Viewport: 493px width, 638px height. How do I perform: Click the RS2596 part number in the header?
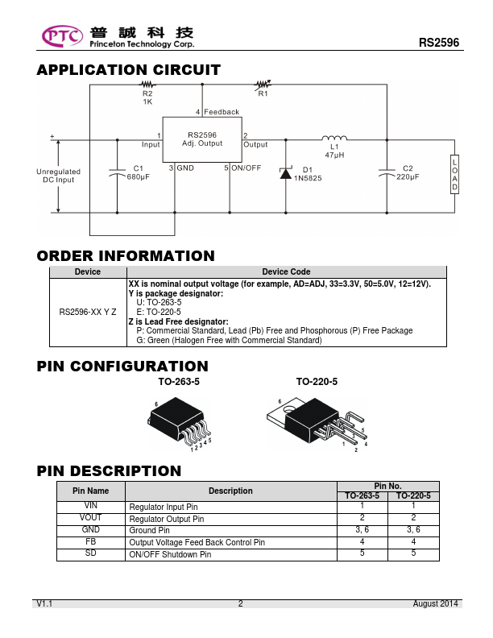pos(439,43)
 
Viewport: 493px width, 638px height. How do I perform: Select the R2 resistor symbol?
pos(147,85)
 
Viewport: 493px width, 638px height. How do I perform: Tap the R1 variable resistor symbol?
pos(263,85)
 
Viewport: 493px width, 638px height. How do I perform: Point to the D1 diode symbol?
pos(285,173)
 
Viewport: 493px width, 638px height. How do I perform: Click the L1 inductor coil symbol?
pos(334,138)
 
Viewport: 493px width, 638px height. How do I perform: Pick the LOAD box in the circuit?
pos(455,174)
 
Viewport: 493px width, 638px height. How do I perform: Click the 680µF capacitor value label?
pos(139,177)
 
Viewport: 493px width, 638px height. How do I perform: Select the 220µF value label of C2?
pos(408,177)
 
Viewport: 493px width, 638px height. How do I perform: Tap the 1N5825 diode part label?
pos(308,178)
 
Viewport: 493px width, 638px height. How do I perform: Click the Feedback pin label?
pos(222,112)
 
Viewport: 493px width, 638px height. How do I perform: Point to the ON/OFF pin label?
pos(246,168)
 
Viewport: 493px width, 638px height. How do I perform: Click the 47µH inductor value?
pos(334,155)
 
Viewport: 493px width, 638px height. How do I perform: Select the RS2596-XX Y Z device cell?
pos(88,312)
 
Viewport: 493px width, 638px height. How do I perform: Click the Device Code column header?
pos(286,271)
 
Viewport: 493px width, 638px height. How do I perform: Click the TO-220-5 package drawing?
pos(317,424)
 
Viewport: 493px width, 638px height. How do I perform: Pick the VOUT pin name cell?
pos(91,518)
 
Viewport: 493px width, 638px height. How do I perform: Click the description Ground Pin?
pos(149,531)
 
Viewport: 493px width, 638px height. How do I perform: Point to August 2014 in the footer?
pos(435,604)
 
